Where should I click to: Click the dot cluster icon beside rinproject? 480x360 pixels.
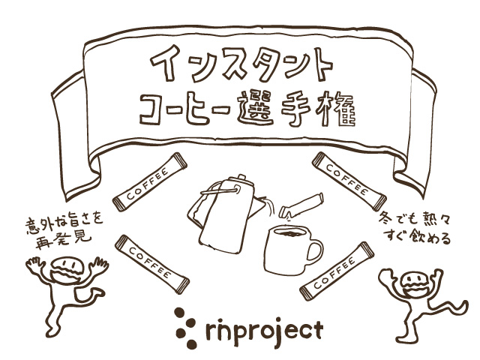pos(181,324)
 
